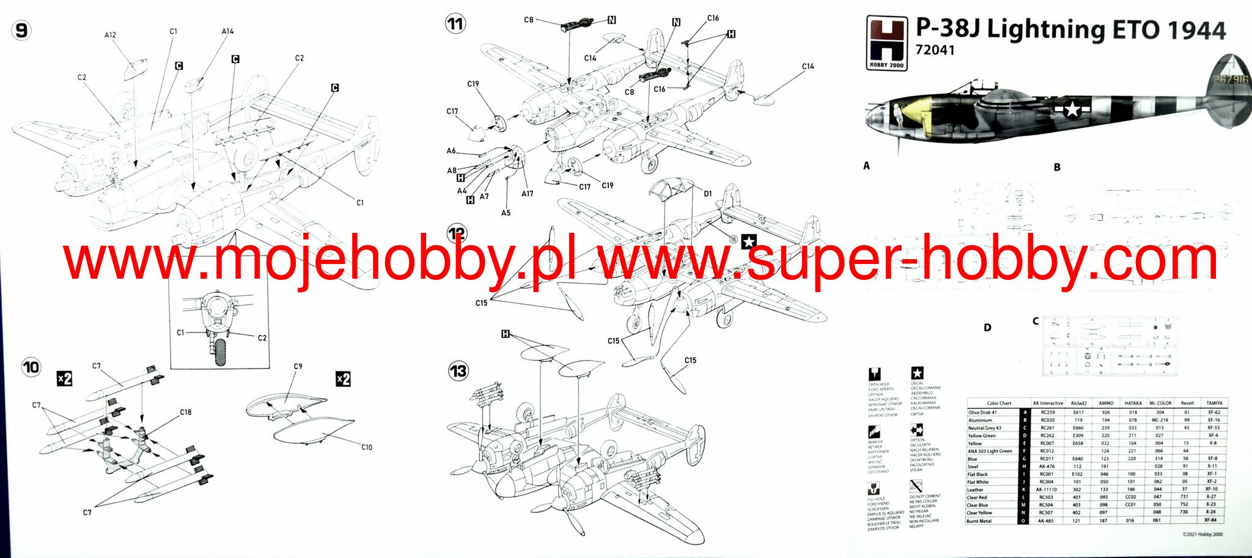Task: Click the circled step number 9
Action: pos(21,31)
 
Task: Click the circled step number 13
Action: pos(458,370)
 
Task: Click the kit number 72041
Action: pos(935,50)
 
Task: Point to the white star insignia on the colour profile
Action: pos(1072,109)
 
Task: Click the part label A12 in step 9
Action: pos(110,35)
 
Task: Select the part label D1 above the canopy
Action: pos(707,194)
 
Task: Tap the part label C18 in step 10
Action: pos(186,412)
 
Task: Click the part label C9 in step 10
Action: pos(298,366)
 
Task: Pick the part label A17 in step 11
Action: pos(527,194)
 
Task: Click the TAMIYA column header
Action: pos(1214,403)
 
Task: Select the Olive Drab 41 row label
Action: pos(982,413)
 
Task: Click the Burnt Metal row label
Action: pos(979,521)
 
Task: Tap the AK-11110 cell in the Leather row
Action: pos(1047,490)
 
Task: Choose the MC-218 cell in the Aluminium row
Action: pos(1160,420)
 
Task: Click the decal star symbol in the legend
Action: pos(917,373)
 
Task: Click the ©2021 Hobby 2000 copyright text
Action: pos(1202,534)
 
